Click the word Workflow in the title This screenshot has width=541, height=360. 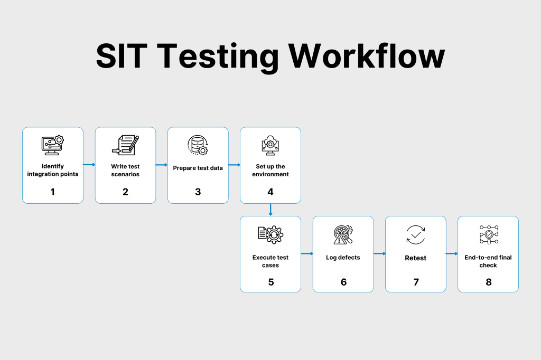[x=367, y=55]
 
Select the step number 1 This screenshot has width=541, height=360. [x=53, y=192]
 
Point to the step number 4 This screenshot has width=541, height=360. [x=270, y=192]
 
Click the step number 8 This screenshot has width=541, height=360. [x=489, y=282]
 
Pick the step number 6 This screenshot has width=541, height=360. [x=343, y=282]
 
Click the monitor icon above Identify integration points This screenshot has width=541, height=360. [x=53, y=145]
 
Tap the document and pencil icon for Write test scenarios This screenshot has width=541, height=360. [x=126, y=145]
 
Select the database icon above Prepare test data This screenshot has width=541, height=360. [x=198, y=145]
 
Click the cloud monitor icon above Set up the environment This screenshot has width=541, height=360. [x=270, y=145]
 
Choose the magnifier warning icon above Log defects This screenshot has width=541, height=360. [x=343, y=235]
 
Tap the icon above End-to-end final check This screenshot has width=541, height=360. [x=489, y=235]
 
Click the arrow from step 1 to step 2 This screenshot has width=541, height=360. [x=89, y=165]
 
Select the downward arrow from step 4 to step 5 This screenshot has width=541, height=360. [x=270, y=210]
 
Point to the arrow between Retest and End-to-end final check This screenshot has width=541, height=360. [x=452, y=253]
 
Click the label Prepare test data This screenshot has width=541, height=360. [x=198, y=168]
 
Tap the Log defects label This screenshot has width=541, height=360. [x=343, y=258]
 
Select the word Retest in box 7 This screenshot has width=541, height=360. [x=416, y=258]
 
